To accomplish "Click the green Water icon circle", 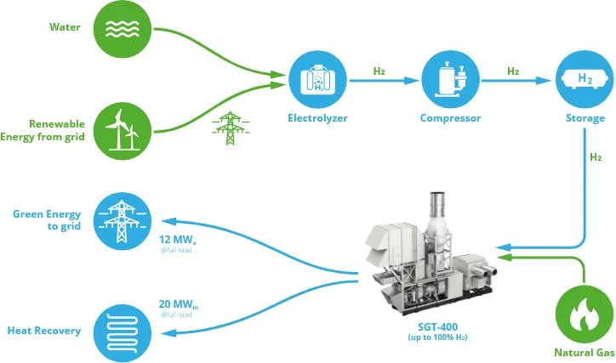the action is click(x=123, y=29).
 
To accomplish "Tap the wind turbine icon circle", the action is click(x=123, y=131).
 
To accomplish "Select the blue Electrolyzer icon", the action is click(x=317, y=79).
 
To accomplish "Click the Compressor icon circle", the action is click(x=450, y=79).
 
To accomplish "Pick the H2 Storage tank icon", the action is click(x=585, y=79).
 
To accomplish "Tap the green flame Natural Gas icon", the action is click(x=585, y=315).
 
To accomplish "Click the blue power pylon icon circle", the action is click(x=123, y=221).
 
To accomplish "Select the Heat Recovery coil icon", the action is click(x=123, y=333).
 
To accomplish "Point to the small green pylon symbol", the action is click(x=231, y=128).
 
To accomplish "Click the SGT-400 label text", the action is click(x=437, y=326).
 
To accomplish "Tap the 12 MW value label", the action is click(x=177, y=240).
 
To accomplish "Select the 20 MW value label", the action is click(x=179, y=304).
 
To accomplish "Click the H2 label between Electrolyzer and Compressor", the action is click(x=379, y=71).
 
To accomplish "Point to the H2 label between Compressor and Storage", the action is click(x=513, y=71).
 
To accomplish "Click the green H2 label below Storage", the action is click(x=596, y=157).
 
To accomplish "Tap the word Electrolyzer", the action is click(x=317, y=118).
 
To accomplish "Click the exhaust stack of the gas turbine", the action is click(x=436, y=205).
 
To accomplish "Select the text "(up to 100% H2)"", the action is click(x=437, y=337).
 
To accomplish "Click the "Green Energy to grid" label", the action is click(x=47, y=220).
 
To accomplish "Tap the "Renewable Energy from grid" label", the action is click(x=43, y=130).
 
